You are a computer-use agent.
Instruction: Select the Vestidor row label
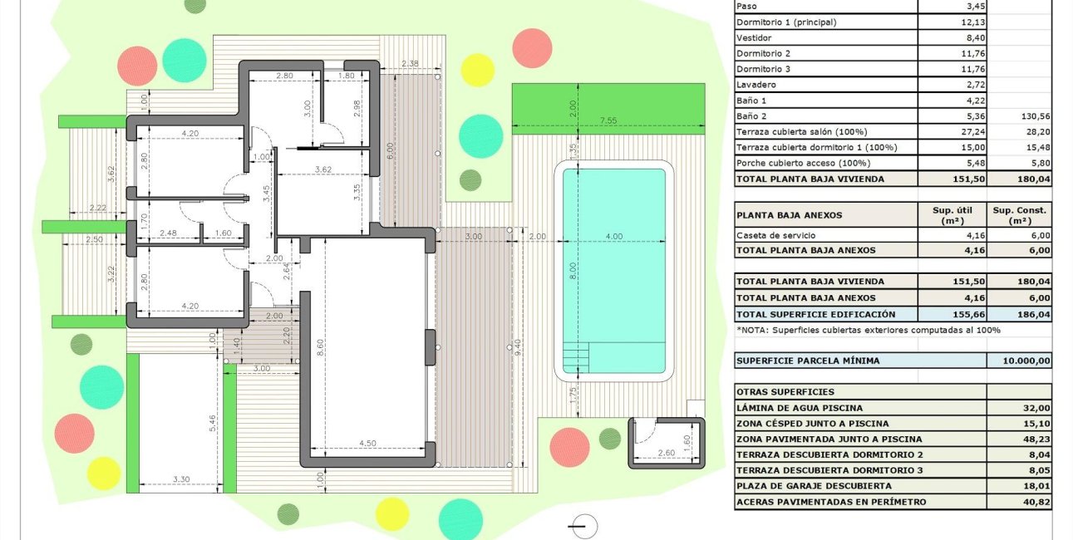tap(754, 38)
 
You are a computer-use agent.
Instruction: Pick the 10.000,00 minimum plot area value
tap(1019, 361)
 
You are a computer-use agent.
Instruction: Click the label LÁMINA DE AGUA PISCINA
tap(800, 408)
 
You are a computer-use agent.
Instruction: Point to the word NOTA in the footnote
tap(756, 330)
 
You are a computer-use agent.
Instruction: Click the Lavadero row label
tap(756, 85)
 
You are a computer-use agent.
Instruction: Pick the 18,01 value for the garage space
tap(1030, 486)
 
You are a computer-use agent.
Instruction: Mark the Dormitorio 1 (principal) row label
tap(785, 22)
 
